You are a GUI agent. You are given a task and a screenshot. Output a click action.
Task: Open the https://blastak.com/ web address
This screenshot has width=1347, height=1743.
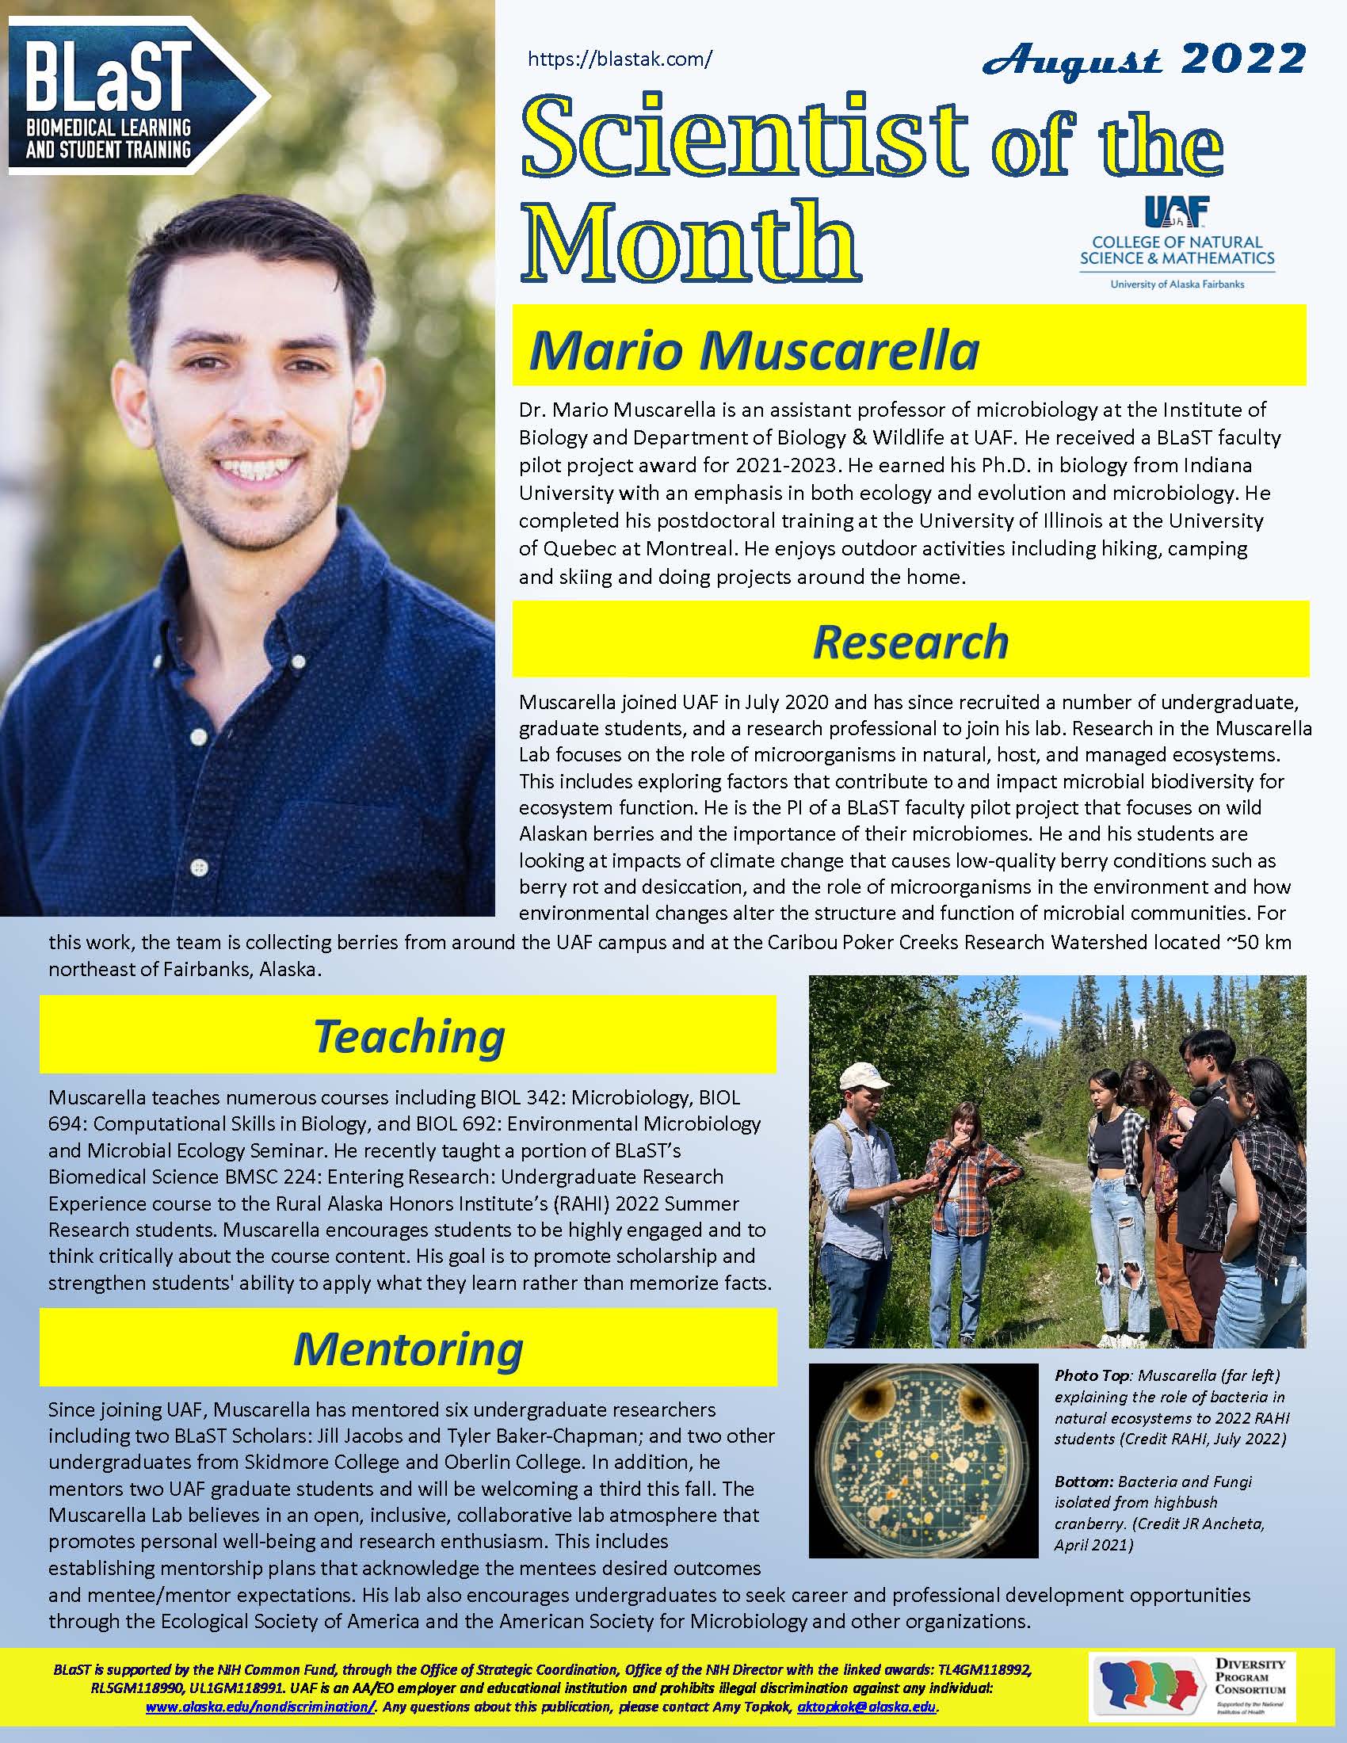coord(620,59)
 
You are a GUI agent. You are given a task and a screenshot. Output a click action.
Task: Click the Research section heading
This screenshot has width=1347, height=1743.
coord(910,643)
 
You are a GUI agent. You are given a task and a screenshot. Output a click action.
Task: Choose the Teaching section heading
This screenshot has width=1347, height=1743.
coord(409,1037)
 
